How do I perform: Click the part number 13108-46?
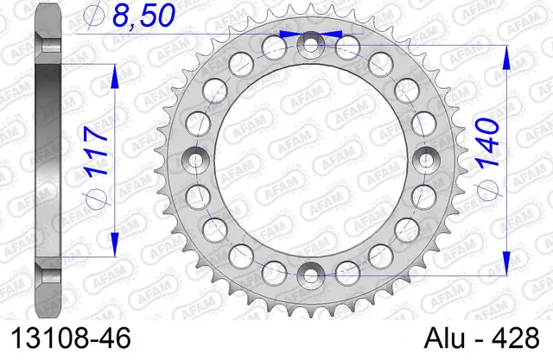(x=71, y=338)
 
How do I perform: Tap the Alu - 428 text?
(x=482, y=338)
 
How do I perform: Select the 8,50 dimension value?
(x=144, y=16)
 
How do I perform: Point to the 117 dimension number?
(x=96, y=151)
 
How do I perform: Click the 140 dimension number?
(x=488, y=142)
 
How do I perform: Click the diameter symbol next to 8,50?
(x=93, y=15)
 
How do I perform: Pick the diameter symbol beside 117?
(x=96, y=198)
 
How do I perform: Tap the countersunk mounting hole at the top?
(x=310, y=45)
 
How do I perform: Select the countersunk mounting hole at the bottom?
(x=310, y=275)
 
